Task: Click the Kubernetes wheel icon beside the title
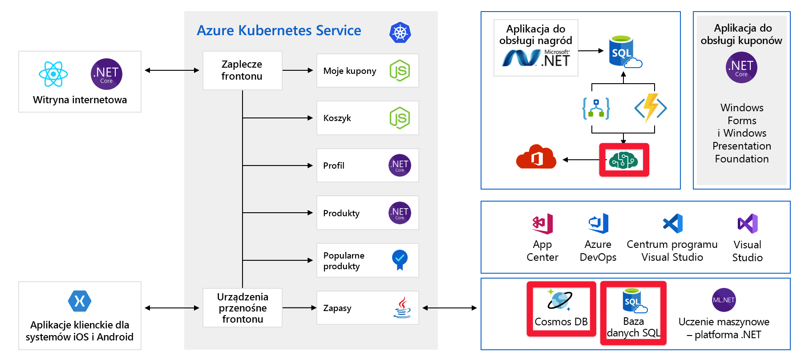(400, 32)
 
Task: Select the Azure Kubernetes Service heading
(279, 31)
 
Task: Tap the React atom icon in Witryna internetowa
(53, 74)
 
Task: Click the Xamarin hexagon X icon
(80, 301)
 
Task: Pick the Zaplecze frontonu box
(242, 70)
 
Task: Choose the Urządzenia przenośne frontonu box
(242, 307)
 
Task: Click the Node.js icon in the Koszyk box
(400, 118)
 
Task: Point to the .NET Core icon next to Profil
(400, 166)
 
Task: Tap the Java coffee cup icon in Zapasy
(402, 307)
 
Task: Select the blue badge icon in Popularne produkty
(400, 259)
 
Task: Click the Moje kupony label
(350, 71)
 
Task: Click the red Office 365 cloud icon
(536, 157)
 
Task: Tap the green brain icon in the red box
(623, 160)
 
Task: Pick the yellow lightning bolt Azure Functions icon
(651, 108)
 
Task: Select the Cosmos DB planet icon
(559, 299)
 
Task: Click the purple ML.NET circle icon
(724, 300)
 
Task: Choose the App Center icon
(542, 223)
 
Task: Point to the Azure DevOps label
(598, 251)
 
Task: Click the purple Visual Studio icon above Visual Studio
(748, 223)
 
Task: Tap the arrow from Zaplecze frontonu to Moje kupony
(298, 70)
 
